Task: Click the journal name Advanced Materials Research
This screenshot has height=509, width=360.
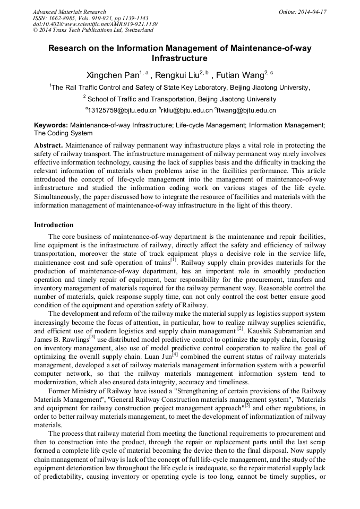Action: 69,12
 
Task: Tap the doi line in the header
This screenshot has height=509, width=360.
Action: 95,24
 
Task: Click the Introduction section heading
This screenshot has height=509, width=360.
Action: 54,225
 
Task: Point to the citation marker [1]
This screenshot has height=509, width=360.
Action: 173,260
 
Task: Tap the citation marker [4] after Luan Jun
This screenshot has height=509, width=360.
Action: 174,353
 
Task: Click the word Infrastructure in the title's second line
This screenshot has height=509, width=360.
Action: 179,58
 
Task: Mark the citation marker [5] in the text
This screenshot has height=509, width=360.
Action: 247,406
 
